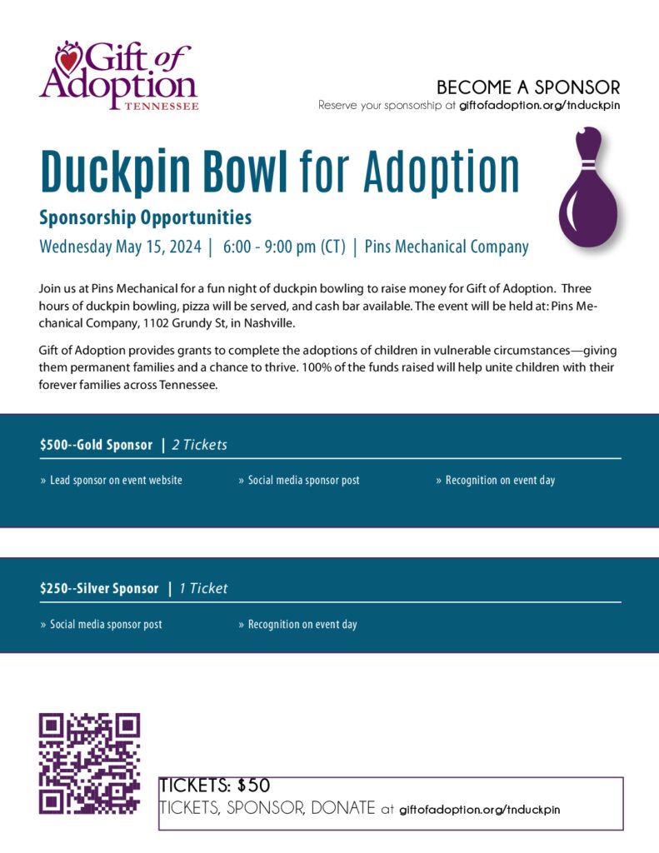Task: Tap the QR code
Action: [x=89, y=763]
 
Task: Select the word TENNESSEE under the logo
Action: [x=162, y=107]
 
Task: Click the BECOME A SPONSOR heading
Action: [x=528, y=87]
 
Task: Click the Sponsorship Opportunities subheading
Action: [x=145, y=218]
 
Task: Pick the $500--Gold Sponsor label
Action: [x=96, y=445]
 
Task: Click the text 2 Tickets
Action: [x=199, y=445]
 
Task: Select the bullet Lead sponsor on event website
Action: [x=116, y=481]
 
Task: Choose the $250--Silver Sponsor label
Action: [x=98, y=589]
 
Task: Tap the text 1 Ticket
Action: [x=202, y=589]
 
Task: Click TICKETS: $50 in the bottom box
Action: [x=215, y=786]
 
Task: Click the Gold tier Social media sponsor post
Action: [x=303, y=481]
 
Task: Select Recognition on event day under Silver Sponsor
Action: [x=302, y=625]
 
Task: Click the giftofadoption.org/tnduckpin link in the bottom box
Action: [x=479, y=809]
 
